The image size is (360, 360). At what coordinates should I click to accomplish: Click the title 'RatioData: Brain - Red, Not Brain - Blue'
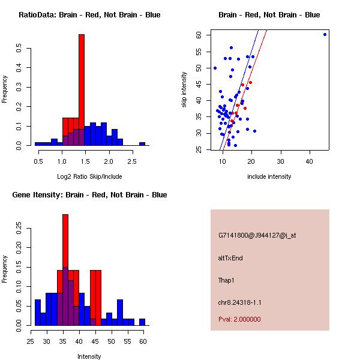[89, 15]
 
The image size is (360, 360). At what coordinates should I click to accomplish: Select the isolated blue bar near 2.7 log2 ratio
[142, 144]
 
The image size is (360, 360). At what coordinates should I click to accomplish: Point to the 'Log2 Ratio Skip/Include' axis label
[89, 176]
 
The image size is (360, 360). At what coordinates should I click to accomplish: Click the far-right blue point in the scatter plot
[325, 34]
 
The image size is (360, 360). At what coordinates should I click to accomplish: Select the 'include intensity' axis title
[269, 176]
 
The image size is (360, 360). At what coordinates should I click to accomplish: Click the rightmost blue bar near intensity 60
[142, 322]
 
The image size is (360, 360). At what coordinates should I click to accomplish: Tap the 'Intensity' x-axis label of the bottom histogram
[89, 356]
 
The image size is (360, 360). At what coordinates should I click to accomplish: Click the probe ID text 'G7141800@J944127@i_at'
[257, 235]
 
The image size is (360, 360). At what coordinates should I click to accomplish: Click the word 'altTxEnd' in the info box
[230, 258]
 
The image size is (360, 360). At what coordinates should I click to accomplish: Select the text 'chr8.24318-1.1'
[239, 302]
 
